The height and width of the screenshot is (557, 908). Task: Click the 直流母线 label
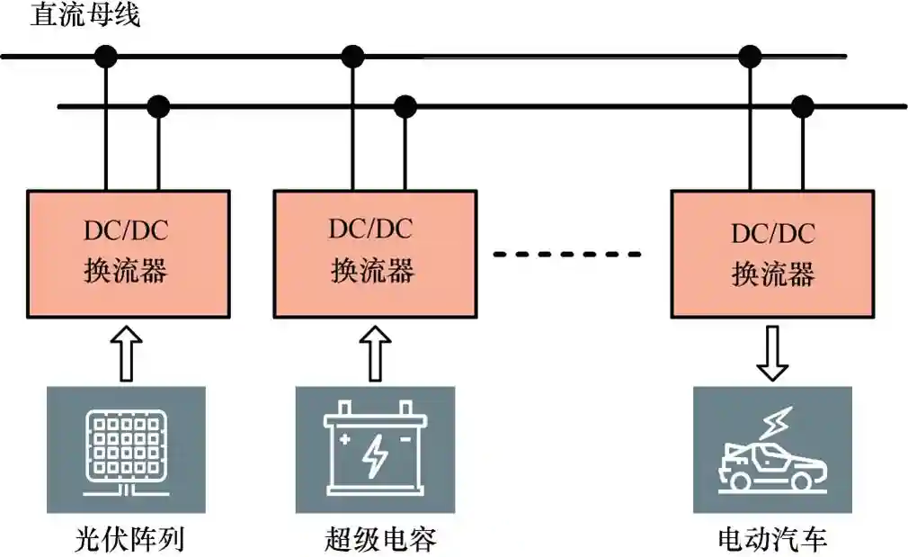click(86, 15)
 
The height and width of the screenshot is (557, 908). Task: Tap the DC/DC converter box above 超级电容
click(374, 253)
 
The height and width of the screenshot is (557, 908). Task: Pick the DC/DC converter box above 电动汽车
click(772, 253)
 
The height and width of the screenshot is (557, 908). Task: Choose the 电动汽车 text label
click(772, 538)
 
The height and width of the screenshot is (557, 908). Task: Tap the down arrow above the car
click(771, 352)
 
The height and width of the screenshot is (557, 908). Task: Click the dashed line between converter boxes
click(567, 254)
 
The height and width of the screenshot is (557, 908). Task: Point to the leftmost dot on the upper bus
click(106, 57)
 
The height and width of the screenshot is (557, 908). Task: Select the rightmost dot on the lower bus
click(802, 107)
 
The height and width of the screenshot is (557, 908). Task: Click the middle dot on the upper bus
click(352, 57)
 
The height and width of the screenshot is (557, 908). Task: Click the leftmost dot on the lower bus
click(158, 107)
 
